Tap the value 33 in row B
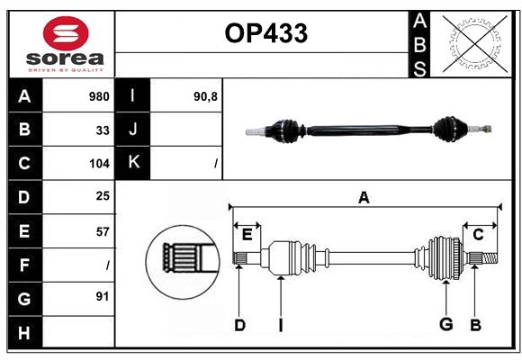point(103,130)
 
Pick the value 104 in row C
point(99,164)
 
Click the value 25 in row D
point(103,197)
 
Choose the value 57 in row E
point(103,231)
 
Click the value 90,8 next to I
point(205,96)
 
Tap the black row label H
point(25,332)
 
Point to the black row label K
point(133,163)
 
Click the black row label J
point(133,130)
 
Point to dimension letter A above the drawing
point(364,197)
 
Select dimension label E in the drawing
point(247,234)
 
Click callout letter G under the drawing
point(445,325)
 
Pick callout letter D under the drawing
point(239,325)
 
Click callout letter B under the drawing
point(475,325)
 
